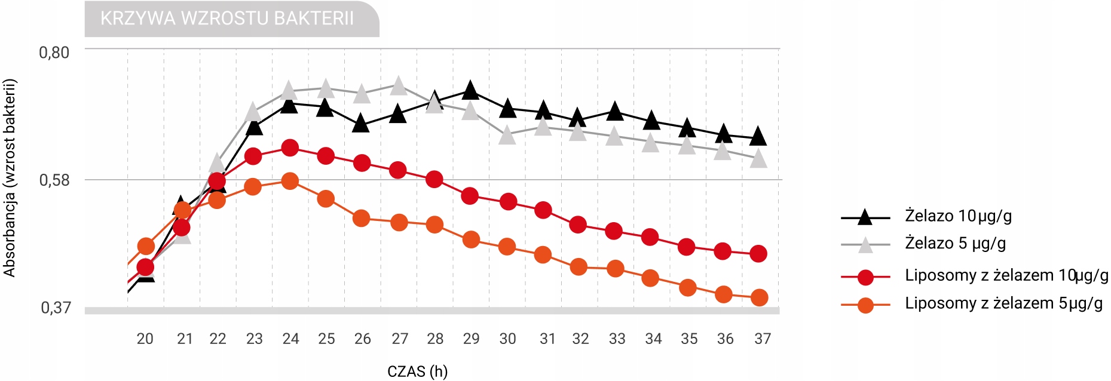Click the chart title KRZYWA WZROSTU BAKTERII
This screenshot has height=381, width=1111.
[227, 19]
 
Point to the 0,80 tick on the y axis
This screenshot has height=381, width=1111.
[54, 53]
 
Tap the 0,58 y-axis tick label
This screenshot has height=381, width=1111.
[54, 180]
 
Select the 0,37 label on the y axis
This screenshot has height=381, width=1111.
[56, 308]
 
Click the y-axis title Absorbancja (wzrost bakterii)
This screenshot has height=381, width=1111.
[10, 178]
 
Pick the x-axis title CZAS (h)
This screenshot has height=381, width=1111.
[417, 371]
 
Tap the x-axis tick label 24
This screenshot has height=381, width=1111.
[290, 339]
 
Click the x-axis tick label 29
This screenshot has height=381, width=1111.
[471, 339]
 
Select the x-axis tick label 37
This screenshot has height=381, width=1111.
[762, 339]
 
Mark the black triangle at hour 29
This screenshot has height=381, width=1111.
[470, 91]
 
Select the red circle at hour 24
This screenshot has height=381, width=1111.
[290, 148]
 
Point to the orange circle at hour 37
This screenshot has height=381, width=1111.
[759, 297]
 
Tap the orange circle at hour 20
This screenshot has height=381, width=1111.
[146, 246]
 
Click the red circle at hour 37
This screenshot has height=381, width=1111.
[758, 254]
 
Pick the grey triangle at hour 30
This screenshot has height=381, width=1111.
[507, 136]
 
